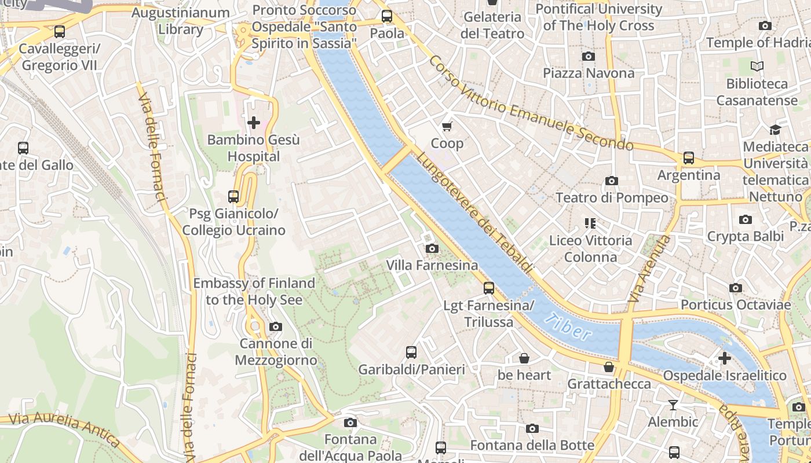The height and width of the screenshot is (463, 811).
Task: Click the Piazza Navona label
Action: [x=589, y=73]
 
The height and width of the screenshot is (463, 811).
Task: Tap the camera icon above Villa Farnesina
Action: [x=432, y=248]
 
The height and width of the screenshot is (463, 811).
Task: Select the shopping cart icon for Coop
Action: [x=447, y=126]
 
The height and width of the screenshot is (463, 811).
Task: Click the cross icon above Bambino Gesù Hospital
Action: [x=253, y=123]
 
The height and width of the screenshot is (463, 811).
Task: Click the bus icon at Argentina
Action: [x=688, y=157]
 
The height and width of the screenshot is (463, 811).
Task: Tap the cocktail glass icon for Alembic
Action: [x=673, y=405]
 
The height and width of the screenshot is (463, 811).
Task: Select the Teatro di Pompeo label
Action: [x=612, y=198]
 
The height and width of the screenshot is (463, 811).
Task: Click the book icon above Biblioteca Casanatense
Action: [x=757, y=67]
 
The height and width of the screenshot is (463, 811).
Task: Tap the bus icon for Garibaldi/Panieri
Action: [x=411, y=352]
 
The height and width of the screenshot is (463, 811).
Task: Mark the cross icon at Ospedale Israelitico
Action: [x=724, y=358]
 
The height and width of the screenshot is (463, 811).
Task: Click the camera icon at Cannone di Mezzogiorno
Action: [x=276, y=326]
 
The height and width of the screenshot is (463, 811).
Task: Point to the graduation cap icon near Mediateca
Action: [x=775, y=130]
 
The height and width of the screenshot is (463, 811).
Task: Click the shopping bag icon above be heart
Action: [x=524, y=358]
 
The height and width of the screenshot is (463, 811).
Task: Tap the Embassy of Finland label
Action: [x=254, y=291]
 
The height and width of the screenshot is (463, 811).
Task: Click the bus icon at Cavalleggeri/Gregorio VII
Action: [x=59, y=31]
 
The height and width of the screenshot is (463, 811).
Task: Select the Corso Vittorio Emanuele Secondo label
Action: [x=530, y=103]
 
